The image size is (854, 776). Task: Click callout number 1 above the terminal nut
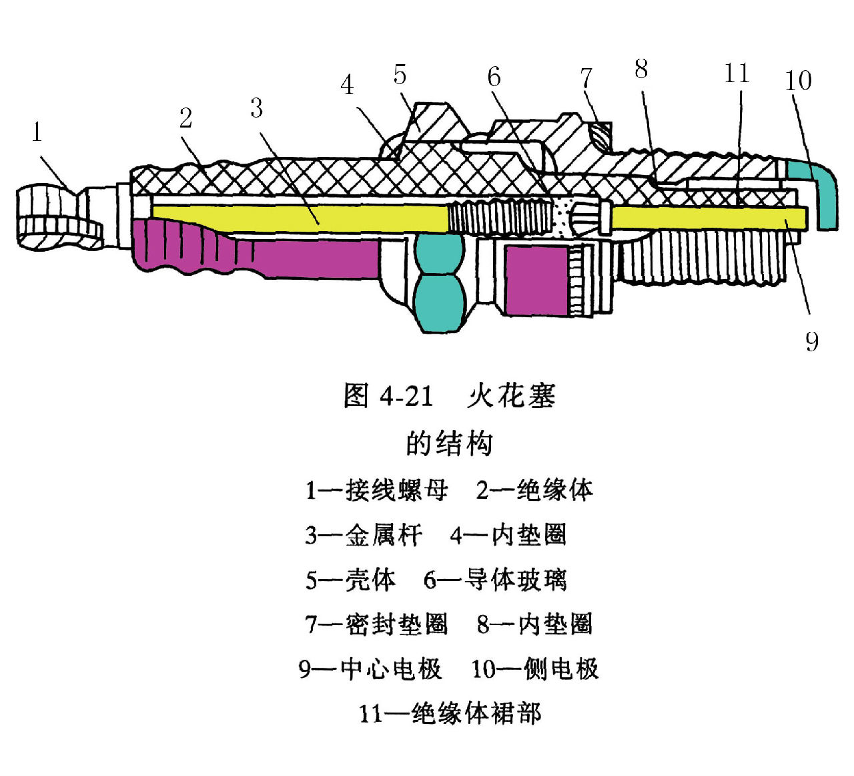pyautogui.click(x=37, y=132)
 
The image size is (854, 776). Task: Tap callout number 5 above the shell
pyautogui.click(x=400, y=75)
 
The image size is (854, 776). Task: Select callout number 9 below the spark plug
pyautogui.click(x=811, y=341)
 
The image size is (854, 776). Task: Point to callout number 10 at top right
pyautogui.click(x=798, y=81)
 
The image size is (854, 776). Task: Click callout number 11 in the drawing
pyautogui.click(x=737, y=73)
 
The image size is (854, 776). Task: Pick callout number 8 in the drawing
pyautogui.click(x=641, y=68)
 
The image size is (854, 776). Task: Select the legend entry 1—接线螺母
pyautogui.click(x=376, y=491)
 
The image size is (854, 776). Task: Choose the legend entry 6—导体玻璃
pyautogui.click(x=496, y=580)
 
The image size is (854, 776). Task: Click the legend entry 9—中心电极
pyautogui.click(x=370, y=668)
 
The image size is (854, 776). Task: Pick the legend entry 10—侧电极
pyautogui.click(x=535, y=668)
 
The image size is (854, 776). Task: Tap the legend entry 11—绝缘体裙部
pyautogui.click(x=450, y=713)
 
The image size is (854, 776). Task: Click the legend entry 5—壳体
pyautogui.click(x=350, y=580)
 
